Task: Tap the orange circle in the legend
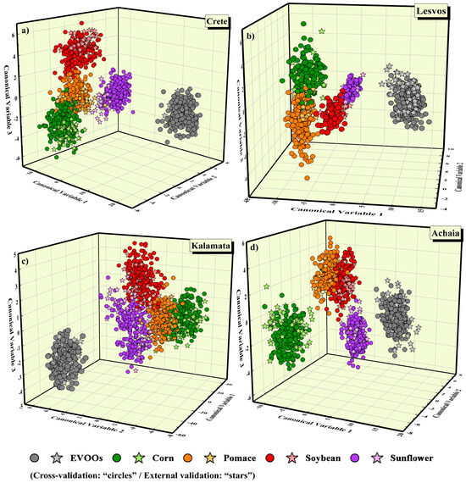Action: click(x=191, y=458)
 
